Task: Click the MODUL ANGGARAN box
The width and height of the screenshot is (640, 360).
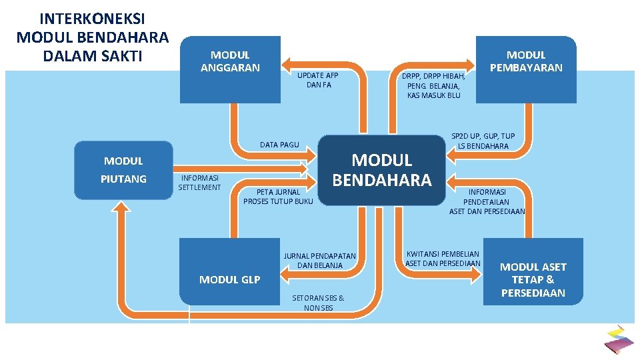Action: [230, 69]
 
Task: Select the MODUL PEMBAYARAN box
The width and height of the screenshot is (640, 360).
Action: [526, 69]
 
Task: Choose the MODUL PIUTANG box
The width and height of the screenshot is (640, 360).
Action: [123, 170]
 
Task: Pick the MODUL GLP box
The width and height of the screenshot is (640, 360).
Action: [230, 279]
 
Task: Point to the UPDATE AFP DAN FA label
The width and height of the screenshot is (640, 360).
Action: [318, 80]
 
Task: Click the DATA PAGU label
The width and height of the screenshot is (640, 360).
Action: [279, 145]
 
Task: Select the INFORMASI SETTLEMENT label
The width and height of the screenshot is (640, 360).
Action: [199, 183]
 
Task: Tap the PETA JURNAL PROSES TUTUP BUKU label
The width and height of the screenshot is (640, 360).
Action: [278, 197]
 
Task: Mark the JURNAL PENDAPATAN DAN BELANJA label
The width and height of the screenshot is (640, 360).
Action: [320, 261]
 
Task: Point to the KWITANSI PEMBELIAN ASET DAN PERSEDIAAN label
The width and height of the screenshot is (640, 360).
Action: [443, 258]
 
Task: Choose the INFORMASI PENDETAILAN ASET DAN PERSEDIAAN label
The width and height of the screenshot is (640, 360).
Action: [487, 202]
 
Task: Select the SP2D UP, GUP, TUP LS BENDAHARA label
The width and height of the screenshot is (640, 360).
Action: [483, 141]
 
